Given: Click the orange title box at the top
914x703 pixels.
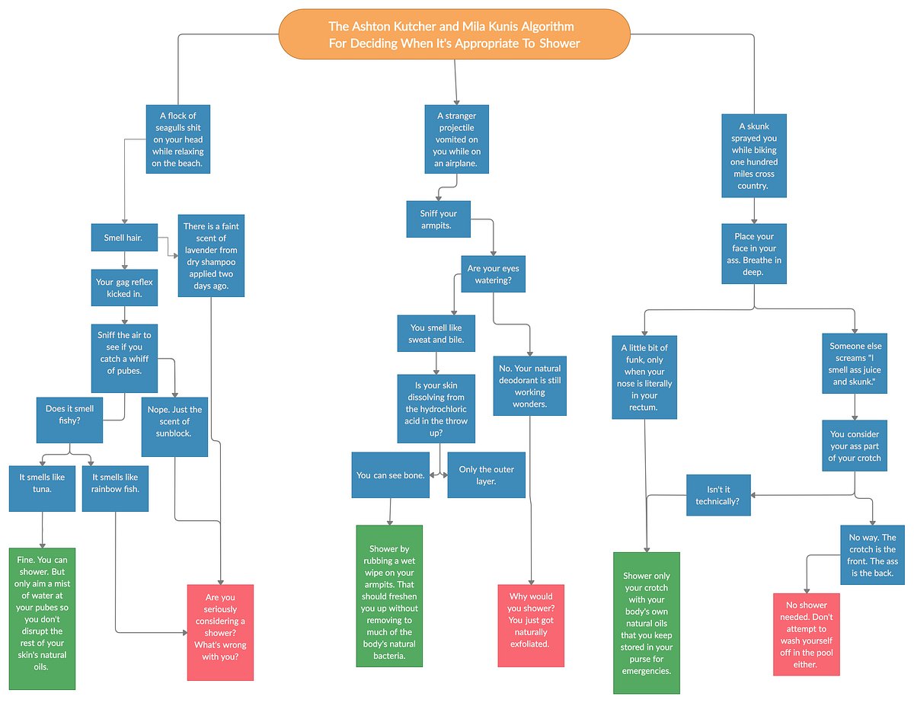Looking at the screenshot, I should point(455,34).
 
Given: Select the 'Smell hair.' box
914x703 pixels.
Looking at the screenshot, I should point(124,238).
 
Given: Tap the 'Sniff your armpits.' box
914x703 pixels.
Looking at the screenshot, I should point(439,219).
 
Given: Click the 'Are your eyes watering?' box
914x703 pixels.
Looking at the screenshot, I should point(494,274).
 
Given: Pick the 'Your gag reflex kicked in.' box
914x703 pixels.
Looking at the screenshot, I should point(124,288).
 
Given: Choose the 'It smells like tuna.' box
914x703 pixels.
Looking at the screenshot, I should point(42,483).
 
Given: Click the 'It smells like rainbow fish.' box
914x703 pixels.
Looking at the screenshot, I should point(115,483).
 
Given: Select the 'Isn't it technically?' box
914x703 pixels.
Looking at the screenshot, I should point(718,496).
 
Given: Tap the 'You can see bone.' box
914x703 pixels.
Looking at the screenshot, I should point(390,475).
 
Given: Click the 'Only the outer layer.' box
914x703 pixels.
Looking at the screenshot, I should point(486,475).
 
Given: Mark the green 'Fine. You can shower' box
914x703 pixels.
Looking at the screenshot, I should point(42,618).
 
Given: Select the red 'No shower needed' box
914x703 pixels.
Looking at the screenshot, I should point(806,634).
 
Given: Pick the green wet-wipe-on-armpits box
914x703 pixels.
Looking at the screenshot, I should point(389,596).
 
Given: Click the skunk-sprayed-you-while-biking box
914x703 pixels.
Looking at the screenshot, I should point(753,156).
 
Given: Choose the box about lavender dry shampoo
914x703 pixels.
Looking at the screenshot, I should point(210,256).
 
